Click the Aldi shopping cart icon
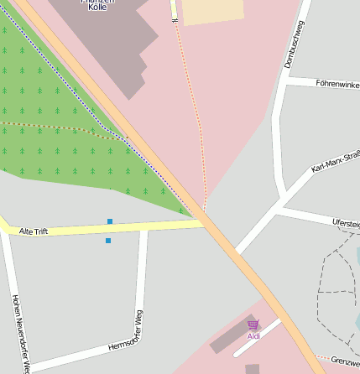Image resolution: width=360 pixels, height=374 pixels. (253, 325)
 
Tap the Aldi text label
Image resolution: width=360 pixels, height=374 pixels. (253, 336)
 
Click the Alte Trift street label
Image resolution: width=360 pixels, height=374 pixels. (34, 231)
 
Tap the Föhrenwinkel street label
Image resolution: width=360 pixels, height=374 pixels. (337, 84)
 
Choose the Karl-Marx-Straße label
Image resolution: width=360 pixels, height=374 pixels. (335, 163)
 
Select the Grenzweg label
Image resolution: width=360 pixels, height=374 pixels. (344, 361)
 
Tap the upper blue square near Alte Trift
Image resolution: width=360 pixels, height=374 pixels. (109, 221)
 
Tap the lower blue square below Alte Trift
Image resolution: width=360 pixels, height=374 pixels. (108, 241)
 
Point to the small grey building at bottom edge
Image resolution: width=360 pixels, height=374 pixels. (252, 369)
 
